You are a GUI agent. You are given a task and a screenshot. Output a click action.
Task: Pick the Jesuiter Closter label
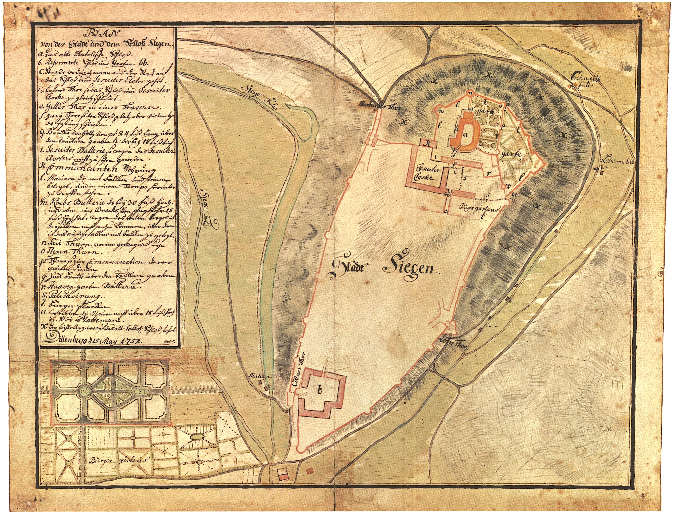click(426, 173)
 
